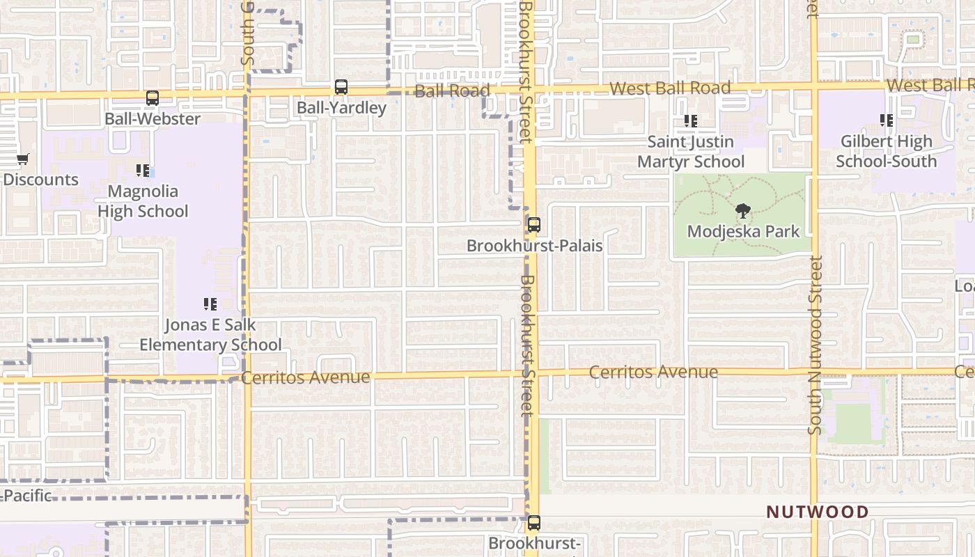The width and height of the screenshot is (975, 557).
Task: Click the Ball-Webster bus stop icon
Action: [153, 98]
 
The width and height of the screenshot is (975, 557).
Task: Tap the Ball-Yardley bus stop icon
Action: [341, 87]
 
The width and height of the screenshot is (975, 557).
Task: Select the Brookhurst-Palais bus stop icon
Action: [534, 225]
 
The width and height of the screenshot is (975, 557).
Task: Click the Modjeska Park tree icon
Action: [743, 210]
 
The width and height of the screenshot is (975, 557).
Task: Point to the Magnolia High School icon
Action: [143, 171]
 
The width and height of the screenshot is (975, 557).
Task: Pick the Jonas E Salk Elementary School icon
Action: [210, 304]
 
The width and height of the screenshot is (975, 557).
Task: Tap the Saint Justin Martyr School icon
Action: [691, 121]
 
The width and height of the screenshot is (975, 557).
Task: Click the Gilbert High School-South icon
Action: [887, 121]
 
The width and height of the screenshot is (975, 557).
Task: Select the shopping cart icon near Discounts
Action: [22, 159]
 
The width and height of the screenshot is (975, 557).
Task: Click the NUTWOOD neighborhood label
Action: [818, 512]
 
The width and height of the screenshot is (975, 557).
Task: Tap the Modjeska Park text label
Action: [743, 231]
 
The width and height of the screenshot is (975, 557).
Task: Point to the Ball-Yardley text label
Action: [341, 108]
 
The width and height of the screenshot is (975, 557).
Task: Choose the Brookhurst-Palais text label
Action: [534, 246]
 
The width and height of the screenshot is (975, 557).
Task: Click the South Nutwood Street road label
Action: [816, 345]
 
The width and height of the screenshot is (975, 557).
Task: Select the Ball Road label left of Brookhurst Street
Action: [452, 91]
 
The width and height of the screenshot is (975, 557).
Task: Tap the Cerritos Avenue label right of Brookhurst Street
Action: [653, 372]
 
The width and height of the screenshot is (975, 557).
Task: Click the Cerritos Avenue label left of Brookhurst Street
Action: [306, 377]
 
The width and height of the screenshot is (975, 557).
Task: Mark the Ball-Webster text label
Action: [153, 119]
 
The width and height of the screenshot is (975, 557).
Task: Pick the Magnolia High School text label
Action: [143, 201]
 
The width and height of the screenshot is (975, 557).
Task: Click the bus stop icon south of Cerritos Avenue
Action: [534, 522]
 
